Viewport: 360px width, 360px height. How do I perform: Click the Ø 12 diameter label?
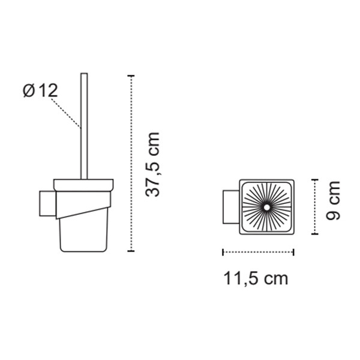click(x=40, y=91)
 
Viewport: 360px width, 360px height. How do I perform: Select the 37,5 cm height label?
click(x=152, y=164)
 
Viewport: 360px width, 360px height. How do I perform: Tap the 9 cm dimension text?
click(x=333, y=200)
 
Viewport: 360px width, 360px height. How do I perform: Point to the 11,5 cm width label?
click(x=256, y=278)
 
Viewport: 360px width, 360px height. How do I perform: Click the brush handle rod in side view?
click(x=84, y=126)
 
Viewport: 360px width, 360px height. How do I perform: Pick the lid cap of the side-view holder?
click(x=83, y=185)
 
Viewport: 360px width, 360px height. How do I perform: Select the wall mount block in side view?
click(x=48, y=203)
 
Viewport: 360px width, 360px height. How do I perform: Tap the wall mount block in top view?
click(x=231, y=207)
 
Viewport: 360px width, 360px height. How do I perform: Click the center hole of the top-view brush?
click(x=266, y=208)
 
